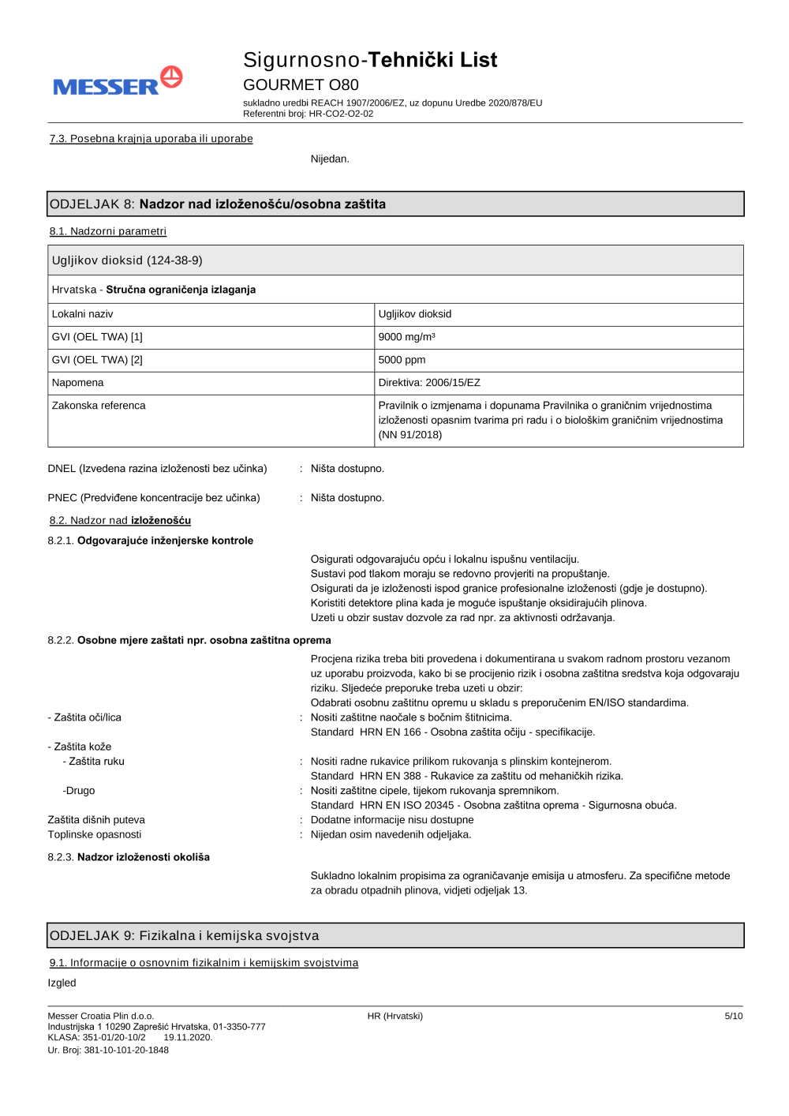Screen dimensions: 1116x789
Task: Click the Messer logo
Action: point(118,82)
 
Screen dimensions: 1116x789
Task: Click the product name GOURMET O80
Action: point(301,84)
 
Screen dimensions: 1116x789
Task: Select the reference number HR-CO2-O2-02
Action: point(341,114)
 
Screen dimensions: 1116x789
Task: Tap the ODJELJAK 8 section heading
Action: point(218,204)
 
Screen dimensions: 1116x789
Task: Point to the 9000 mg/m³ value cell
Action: point(406,337)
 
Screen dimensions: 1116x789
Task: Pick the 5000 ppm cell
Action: point(402,360)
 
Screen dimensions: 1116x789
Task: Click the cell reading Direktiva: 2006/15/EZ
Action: point(429,383)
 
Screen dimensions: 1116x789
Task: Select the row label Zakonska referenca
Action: point(99,406)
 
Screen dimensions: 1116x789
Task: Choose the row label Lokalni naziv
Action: point(82,314)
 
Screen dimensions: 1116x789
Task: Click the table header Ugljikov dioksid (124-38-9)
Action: point(127,260)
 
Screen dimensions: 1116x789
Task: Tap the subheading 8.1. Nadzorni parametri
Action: point(108,231)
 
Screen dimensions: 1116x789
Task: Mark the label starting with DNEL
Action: point(157,469)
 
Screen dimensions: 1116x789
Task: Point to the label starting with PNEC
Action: point(154,498)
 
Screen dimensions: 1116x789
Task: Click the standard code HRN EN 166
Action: point(391,732)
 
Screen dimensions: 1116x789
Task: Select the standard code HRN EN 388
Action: point(391,777)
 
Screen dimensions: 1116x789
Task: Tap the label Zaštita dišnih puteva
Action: point(96,820)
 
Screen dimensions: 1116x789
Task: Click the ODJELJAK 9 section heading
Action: point(185,936)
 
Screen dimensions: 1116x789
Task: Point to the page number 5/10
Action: point(733,1017)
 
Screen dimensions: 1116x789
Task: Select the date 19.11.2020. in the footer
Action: point(188,1038)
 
